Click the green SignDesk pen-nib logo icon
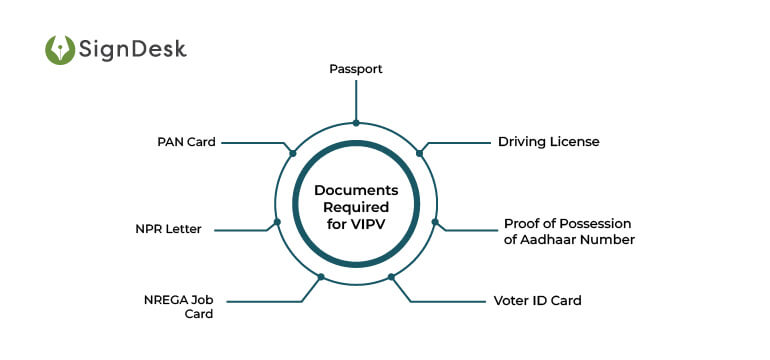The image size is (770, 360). tap(60, 50)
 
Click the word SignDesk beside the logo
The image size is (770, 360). tap(133, 49)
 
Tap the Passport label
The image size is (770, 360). tap(356, 70)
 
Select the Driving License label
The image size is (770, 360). tap(548, 142)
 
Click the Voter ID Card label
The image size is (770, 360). tap(537, 300)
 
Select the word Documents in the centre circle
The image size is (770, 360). tap(356, 190)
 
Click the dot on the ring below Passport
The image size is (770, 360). tap(356, 123)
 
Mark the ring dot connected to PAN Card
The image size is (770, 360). tap(292, 153)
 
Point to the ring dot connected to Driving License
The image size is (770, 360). tap(419, 153)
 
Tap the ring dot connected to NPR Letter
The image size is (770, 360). tap(277, 221)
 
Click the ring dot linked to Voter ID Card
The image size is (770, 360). tap(391, 276)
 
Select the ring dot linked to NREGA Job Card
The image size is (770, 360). tap(321, 276)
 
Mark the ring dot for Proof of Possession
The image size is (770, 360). tap(434, 221)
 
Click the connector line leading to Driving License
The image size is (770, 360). tap(460, 142)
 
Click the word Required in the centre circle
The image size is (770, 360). tap(356, 206)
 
